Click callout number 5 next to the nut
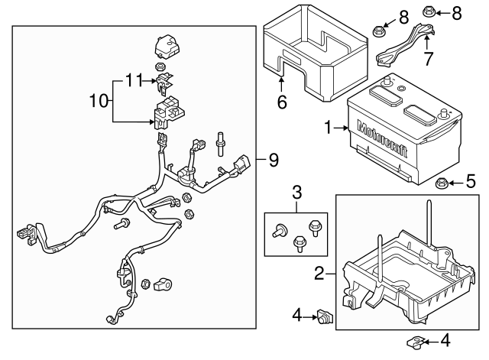(471, 182)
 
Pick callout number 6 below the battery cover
(282, 102)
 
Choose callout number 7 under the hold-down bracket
(429, 57)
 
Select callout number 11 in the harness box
(134, 79)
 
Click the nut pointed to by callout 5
(442, 183)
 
